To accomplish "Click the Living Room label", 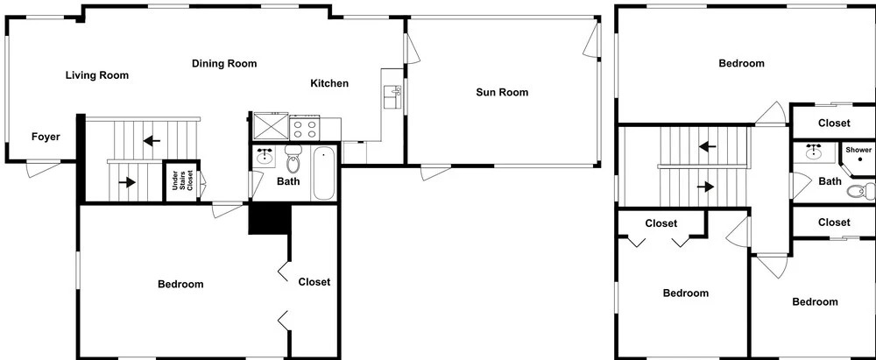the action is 97,75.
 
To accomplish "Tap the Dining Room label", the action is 224,63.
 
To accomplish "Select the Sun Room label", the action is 502,92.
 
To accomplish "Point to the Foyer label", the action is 46,137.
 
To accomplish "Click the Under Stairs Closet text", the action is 182,180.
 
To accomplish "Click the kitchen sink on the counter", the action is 392,96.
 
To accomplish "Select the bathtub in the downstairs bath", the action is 323,173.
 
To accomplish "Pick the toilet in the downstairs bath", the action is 293,159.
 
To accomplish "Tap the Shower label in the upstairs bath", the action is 858,150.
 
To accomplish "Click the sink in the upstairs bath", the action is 815,152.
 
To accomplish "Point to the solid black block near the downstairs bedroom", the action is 271,219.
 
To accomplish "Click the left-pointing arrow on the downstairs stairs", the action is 152,140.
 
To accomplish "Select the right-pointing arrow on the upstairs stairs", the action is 705,187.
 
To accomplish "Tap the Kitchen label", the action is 329,83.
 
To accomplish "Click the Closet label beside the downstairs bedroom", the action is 314,282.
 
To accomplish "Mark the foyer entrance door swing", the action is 43,169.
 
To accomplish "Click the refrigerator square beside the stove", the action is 271,126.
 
